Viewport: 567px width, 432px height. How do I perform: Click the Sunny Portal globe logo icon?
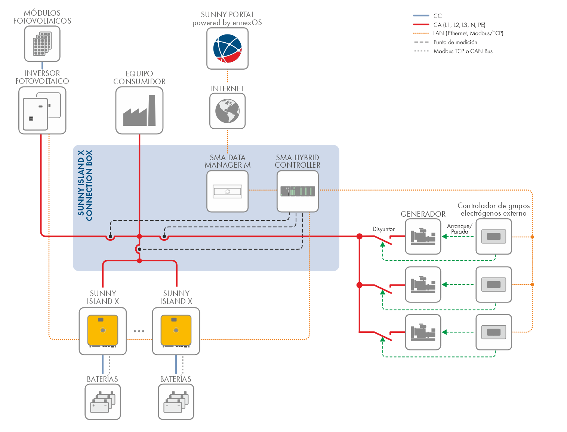pos(227,48)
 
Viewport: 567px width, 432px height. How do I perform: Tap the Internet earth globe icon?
pos(227,111)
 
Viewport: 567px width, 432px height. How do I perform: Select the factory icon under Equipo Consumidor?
pos(139,110)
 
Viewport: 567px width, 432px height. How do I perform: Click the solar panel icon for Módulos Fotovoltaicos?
pos(42,44)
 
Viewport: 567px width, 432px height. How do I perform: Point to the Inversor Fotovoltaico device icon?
pos(42,110)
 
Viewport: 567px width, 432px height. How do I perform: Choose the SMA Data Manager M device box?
pos(227,191)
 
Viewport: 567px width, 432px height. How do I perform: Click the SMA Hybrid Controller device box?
pos(298,191)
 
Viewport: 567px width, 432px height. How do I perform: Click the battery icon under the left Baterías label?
pos(103,402)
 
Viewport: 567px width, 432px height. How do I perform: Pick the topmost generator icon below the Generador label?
pos(423,237)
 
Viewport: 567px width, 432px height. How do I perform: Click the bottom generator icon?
pos(423,332)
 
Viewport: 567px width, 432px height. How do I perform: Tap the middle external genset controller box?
pos(493,285)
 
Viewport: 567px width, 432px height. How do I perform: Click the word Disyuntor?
pos(383,229)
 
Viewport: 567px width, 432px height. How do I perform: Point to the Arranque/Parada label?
pos(460,229)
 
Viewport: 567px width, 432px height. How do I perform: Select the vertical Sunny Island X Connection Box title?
pos(85,185)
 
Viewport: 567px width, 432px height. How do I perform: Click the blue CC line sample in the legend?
pos(421,16)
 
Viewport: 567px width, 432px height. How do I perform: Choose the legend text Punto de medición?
pos(455,42)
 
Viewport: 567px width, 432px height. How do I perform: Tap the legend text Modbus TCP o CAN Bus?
pos(463,51)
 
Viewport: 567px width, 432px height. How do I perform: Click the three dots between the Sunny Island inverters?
pos(139,331)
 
